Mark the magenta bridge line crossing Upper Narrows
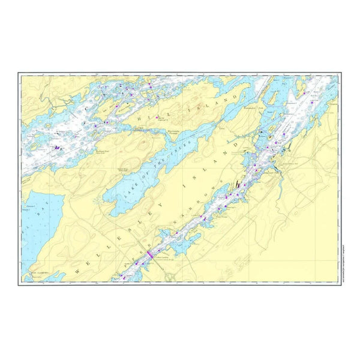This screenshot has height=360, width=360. pos(150,254)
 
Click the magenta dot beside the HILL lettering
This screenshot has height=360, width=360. pos(157,118)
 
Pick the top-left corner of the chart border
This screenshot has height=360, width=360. pos(20,74)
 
